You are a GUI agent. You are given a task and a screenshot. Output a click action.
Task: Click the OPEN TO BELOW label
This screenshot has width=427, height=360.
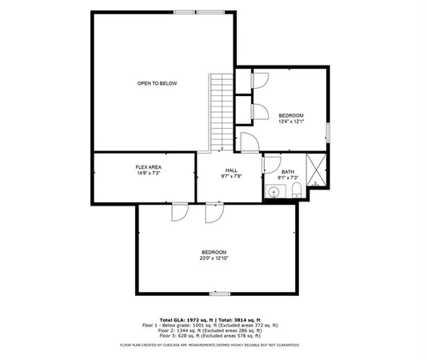tap(157, 83)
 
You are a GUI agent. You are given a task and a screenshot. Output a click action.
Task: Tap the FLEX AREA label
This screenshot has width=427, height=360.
tap(149, 166)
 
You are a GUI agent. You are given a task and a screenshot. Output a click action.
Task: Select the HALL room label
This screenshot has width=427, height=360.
tap(231, 170)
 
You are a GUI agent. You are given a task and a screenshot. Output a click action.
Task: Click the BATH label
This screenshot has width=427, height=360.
tap(288, 172)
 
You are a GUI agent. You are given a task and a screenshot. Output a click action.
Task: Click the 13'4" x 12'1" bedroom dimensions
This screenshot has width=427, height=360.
tap(291, 122)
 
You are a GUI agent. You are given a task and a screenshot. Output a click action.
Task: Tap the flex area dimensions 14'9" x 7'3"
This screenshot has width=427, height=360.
tap(149, 173)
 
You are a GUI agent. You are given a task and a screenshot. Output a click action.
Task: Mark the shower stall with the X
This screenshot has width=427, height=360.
tap(316, 170)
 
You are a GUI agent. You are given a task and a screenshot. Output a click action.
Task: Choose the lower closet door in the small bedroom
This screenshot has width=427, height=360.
tap(257, 111)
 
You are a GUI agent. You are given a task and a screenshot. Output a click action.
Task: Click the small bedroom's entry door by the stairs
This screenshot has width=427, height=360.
tap(249, 141)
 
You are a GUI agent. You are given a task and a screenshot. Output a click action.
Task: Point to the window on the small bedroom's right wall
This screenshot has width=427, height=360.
tap(328, 132)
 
